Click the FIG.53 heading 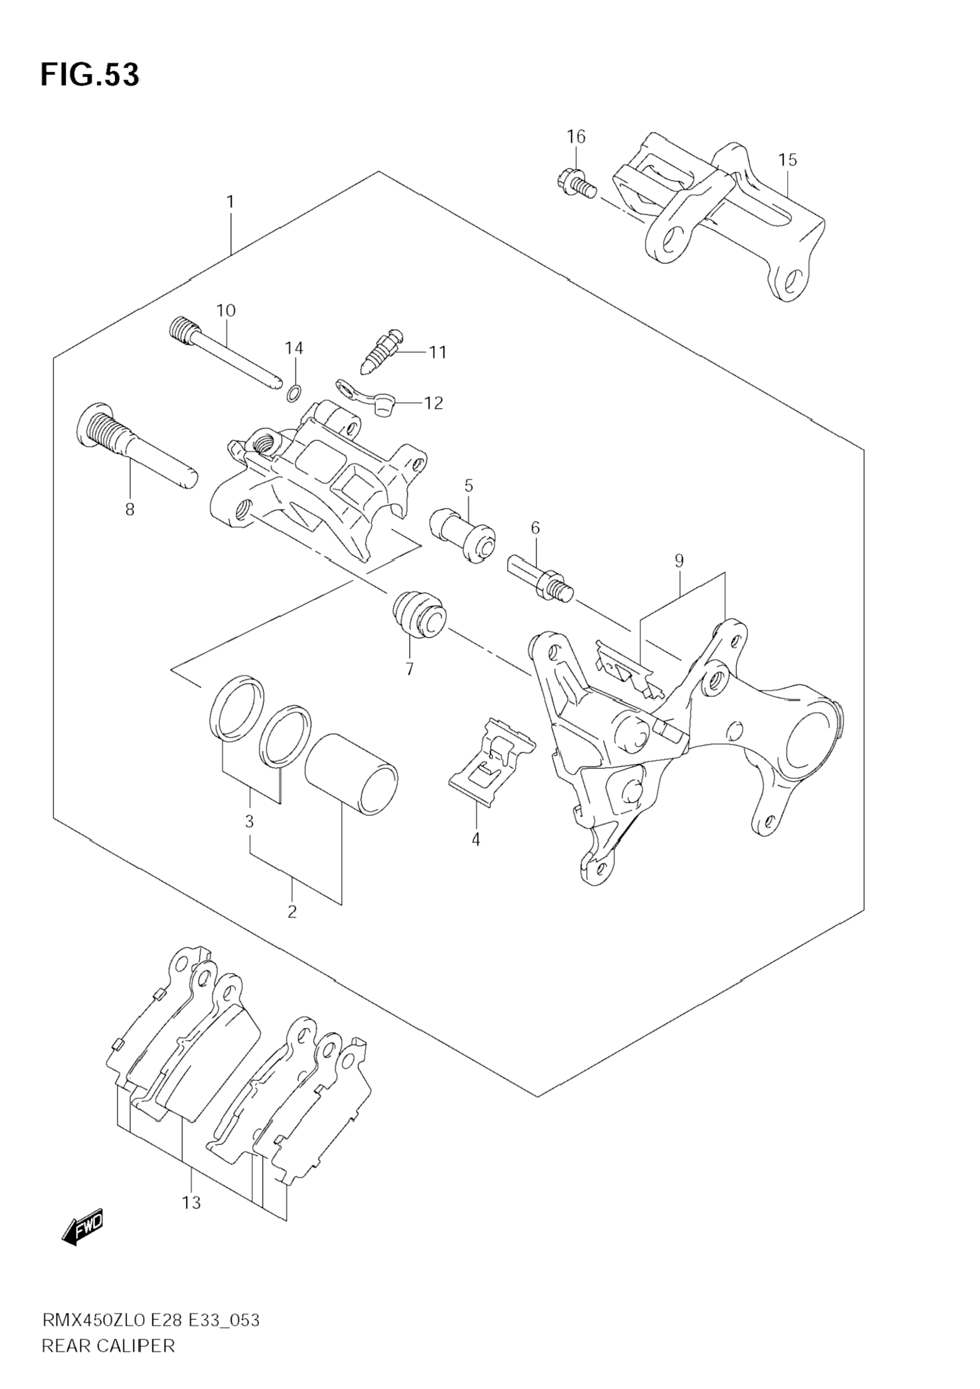point(90,75)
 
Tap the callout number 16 point(576,137)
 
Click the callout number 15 point(787,160)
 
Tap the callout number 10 point(225,311)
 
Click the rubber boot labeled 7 point(419,614)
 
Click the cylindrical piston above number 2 point(351,775)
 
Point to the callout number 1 point(230,202)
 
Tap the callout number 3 point(249,821)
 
